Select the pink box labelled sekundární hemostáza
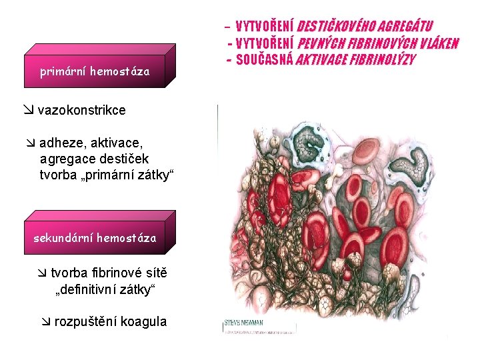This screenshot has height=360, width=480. (95, 238)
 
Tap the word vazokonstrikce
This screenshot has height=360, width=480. (81, 111)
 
